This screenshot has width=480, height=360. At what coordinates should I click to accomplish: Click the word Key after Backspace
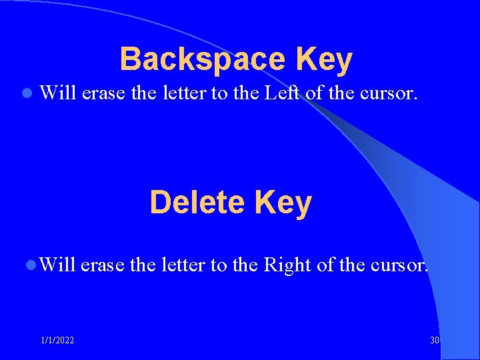(x=325, y=60)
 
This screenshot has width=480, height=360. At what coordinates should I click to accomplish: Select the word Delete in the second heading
(x=197, y=203)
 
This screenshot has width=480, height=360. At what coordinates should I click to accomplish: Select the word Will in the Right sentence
(x=57, y=265)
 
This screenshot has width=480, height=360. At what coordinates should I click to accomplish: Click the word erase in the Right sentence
(x=103, y=265)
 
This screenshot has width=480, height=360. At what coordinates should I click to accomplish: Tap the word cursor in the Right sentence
(x=398, y=265)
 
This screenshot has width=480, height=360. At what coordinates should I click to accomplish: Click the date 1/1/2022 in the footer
(x=57, y=341)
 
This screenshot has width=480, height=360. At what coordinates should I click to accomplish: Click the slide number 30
(x=435, y=341)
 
